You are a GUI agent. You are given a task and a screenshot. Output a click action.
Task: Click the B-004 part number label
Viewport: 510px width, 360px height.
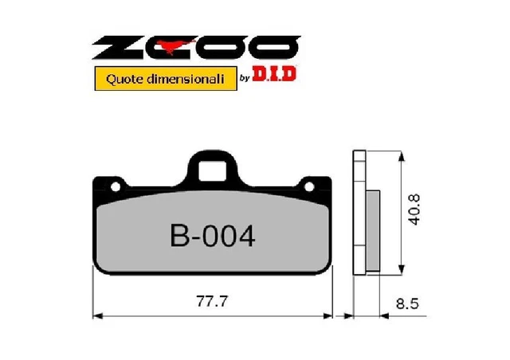point(213,237)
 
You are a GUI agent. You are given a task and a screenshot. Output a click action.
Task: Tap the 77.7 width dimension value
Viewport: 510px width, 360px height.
point(212,301)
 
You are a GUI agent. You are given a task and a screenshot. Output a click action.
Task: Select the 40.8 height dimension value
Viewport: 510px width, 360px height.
point(414,209)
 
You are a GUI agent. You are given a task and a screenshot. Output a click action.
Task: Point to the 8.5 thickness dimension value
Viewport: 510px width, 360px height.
point(407,303)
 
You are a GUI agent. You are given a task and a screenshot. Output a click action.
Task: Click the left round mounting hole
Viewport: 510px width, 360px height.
point(116,186)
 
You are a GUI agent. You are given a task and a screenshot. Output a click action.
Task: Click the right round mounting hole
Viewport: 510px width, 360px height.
point(309,186)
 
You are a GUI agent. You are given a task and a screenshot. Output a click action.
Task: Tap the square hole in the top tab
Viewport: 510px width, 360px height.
point(212,170)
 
